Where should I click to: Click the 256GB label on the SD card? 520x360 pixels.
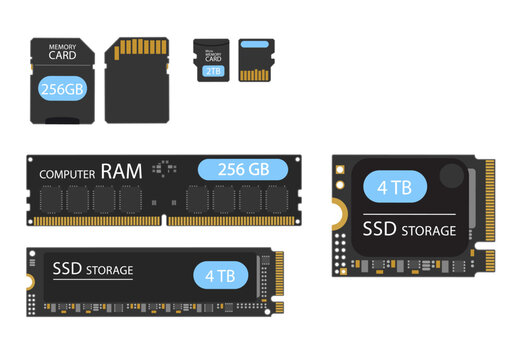(61, 88)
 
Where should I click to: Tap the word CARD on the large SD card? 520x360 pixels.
(62, 56)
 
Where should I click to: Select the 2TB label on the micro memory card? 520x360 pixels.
(214, 72)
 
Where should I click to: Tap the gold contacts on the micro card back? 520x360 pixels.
(256, 74)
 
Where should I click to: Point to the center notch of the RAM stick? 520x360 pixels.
(163, 221)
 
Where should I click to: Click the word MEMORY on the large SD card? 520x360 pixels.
(62, 45)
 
